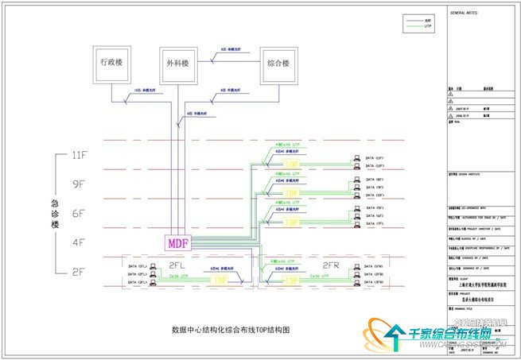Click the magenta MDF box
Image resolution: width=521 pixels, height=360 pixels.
pyautogui.click(x=176, y=241)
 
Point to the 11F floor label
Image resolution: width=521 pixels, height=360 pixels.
pyautogui.click(x=80, y=157)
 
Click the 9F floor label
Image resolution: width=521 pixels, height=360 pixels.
pyautogui.click(x=80, y=184)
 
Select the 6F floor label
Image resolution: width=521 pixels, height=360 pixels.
pyautogui.click(x=80, y=214)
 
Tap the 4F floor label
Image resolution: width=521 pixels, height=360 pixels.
pyautogui.click(x=80, y=242)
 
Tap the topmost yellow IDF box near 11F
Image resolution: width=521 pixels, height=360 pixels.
pyautogui.click(x=292, y=165)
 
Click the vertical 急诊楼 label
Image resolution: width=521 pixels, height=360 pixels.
pyautogui.click(x=56, y=214)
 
